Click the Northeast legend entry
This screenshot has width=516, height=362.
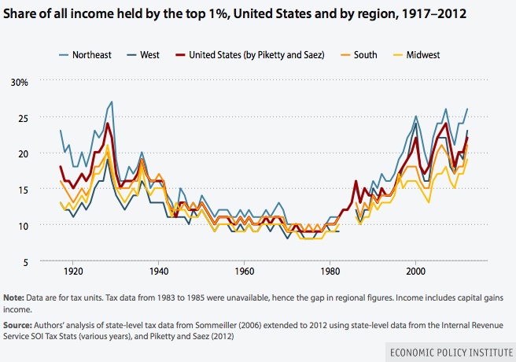point(91,54)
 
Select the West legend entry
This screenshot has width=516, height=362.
point(149,54)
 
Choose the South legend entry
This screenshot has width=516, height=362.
point(363,54)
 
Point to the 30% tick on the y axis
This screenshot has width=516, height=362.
point(19,82)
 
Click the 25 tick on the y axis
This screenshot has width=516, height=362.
point(23,118)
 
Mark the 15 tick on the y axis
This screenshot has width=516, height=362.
point(23,190)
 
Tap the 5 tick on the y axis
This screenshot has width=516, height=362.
point(25,261)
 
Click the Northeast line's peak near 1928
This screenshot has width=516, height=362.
point(112,102)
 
